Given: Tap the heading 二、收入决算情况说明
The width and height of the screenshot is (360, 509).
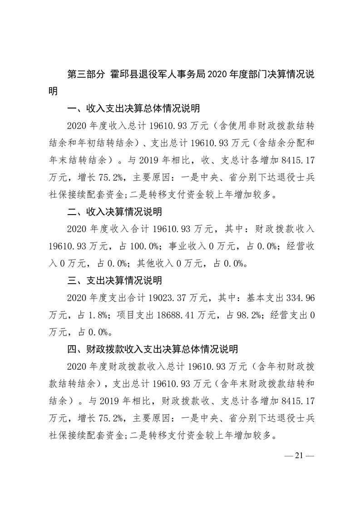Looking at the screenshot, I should pos(114,212).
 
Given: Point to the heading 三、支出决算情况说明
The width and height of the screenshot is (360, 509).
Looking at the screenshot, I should pos(114,280).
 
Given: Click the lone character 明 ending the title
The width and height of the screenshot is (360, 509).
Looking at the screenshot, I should pos(54,92).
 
